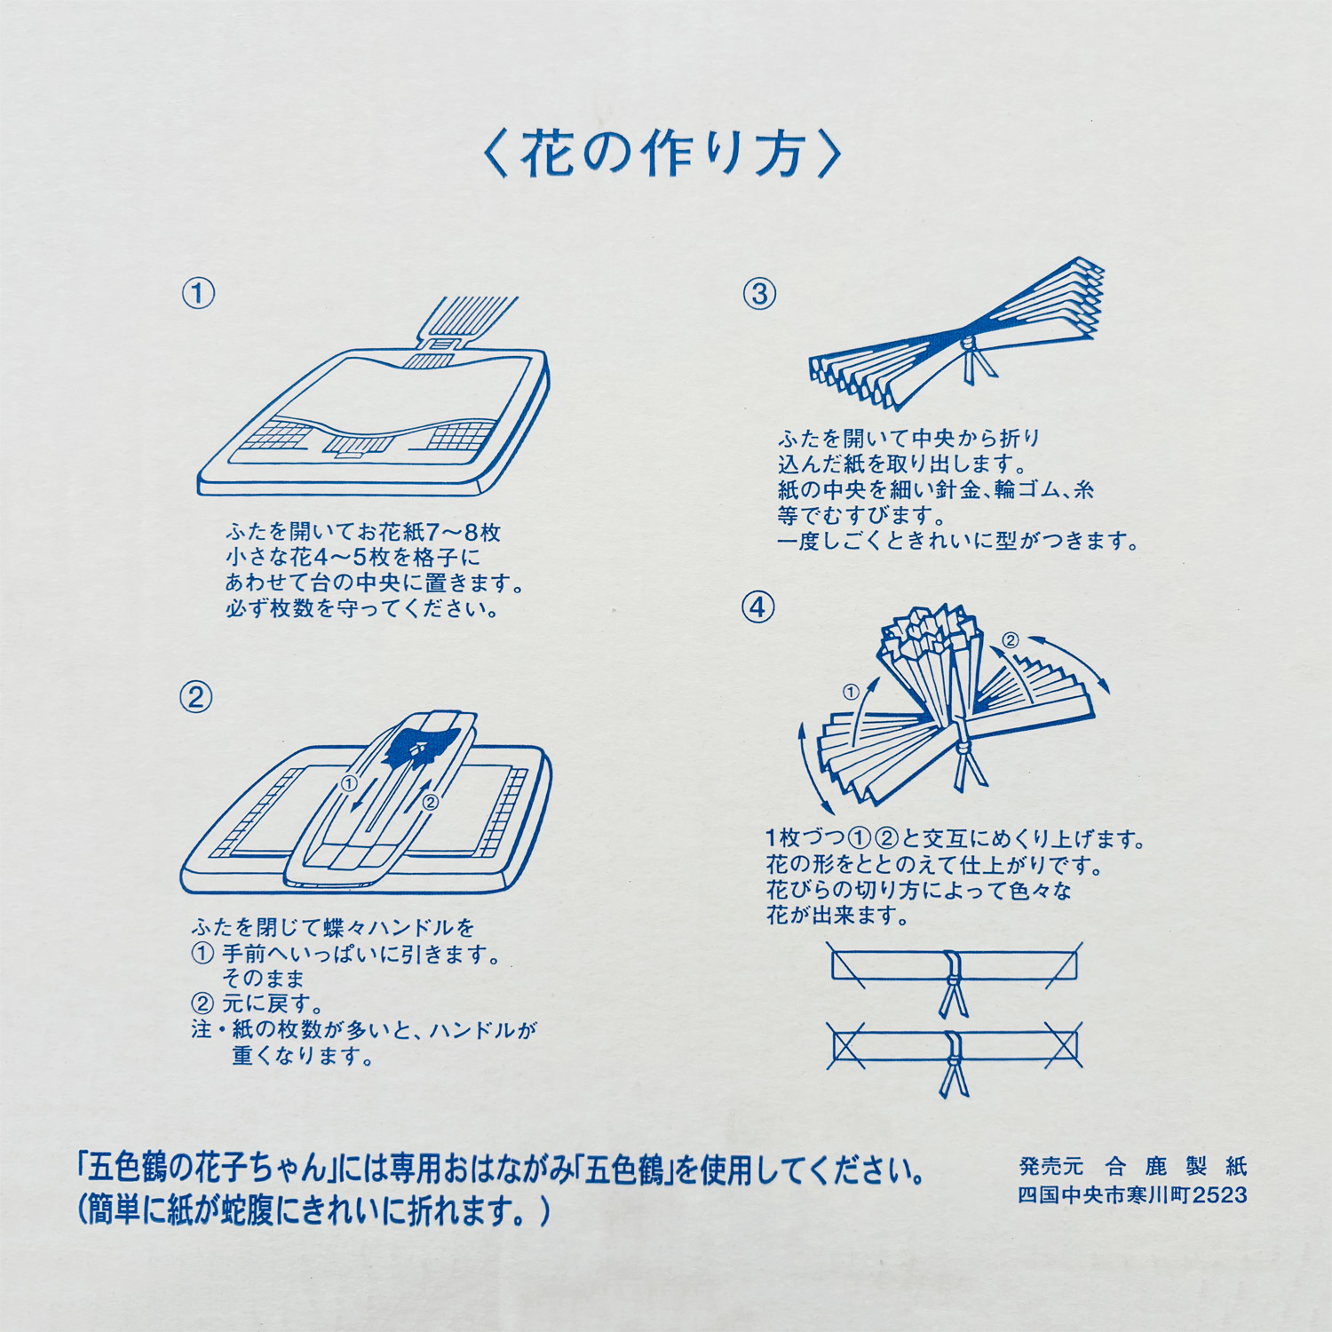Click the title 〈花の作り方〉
click(662, 154)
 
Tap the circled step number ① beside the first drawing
click(198, 293)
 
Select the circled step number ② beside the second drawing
click(196, 697)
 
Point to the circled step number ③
click(759, 294)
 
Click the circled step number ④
click(757, 607)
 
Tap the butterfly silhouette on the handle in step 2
click(419, 748)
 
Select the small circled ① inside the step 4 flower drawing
click(851, 692)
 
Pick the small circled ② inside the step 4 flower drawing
click(1011, 640)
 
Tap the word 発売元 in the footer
click(1051, 1166)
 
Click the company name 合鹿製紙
click(1177, 1166)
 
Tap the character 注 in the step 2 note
click(202, 1030)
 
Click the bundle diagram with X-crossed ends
click(955, 1057)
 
